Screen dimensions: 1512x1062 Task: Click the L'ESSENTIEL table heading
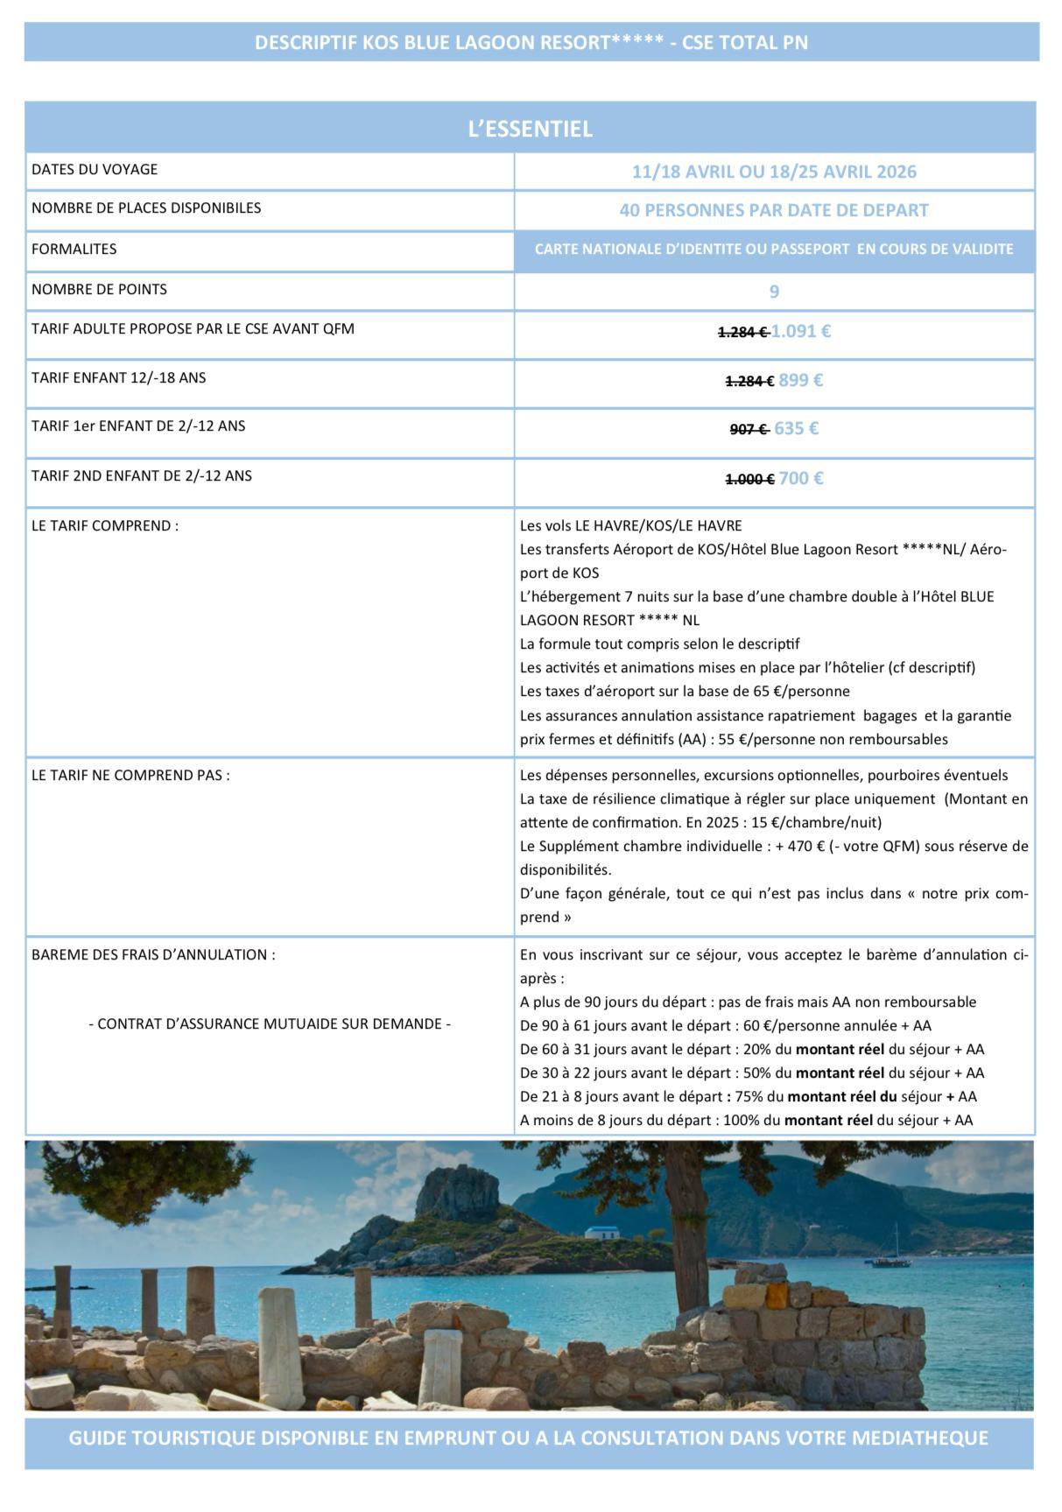530,129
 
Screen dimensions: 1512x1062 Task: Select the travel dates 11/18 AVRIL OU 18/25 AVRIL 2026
774,172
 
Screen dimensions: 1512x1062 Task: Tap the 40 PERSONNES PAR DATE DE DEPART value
774,210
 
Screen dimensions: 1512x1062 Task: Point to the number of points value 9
774,291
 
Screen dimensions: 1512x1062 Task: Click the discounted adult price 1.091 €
802,332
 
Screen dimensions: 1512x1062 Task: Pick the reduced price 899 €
801,380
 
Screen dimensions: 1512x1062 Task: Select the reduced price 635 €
797,428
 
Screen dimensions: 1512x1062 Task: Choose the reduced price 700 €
801,478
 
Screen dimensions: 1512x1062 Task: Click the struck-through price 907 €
749,429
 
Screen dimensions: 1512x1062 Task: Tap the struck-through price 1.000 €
749,479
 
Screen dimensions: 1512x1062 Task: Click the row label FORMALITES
74,249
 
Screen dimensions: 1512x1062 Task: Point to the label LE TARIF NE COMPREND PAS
130,775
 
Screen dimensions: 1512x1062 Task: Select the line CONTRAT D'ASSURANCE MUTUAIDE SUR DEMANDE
270,1023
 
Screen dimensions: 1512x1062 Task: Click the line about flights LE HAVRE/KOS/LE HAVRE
630,525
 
